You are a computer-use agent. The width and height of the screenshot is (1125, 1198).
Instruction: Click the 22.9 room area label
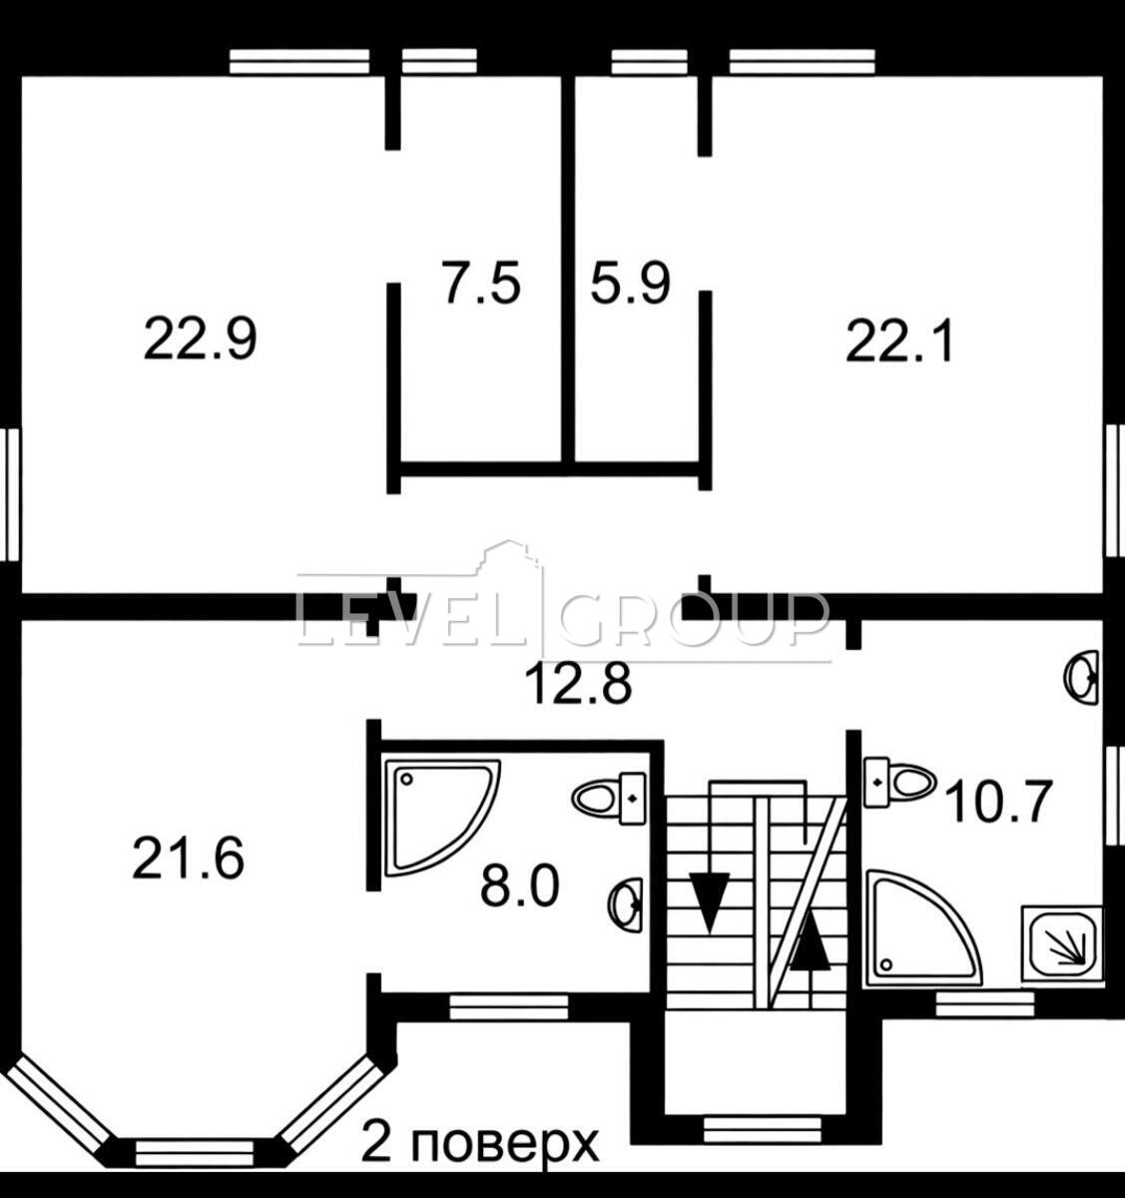tap(201, 339)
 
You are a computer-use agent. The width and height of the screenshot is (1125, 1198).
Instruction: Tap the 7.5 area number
tap(482, 282)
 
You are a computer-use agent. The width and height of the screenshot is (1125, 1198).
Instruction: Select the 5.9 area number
tap(630, 282)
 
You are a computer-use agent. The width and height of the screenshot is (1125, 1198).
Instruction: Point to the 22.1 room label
tap(898, 342)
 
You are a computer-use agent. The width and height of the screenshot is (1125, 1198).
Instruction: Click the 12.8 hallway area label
tap(579, 684)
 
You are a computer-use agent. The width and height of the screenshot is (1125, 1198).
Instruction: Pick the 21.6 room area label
tap(189, 859)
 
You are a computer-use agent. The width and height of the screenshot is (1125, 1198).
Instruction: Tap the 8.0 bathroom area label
tap(520, 887)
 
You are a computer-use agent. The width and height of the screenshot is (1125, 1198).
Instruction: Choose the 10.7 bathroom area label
tap(999, 802)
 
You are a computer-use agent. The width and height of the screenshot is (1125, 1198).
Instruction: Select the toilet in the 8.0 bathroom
tap(608, 798)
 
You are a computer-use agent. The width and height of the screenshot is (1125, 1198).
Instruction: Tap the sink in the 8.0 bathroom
tap(625, 905)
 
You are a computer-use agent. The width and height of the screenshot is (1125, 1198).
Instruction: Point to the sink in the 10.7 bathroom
tap(1081, 676)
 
